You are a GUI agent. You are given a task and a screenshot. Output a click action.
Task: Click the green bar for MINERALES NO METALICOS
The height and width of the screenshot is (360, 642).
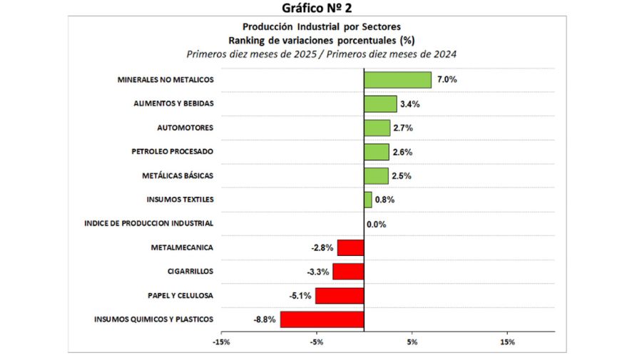pyautogui.click(x=397, y=80)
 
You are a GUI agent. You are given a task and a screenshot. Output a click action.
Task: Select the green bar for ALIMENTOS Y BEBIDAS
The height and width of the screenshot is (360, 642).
pyautogui.click(x=380, y=104)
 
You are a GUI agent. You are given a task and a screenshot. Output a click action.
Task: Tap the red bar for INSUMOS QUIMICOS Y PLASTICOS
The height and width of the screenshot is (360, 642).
pyautogui.click(x=322, y=319)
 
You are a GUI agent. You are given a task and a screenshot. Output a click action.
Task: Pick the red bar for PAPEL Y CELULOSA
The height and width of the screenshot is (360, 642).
pyautogui.click(x=340, y=296)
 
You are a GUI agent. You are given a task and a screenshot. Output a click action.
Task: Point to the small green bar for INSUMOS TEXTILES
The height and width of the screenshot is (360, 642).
pyautogui.click(x=368, y=200)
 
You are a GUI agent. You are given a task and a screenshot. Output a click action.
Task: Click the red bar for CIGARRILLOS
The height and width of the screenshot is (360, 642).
pyautogui.click(x=348, y=272)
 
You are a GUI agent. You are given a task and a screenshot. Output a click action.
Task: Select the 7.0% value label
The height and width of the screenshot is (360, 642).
pyautogui.click(x=447, y=80)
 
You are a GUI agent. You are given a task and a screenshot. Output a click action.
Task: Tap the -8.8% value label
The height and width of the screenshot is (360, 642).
pyautogui.click(x=265, y=319)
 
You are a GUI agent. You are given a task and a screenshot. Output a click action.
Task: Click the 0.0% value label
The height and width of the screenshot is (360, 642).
pyautogui.click(x=377, y=225)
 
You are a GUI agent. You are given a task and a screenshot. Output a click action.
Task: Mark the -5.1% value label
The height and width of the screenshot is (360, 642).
pyautogui.click(x=300, y=296)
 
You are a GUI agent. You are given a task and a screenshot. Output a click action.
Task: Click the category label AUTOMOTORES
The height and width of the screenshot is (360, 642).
pyautogui.click(x=185, y=128)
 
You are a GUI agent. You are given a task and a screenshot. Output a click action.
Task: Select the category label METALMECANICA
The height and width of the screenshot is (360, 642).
pyautogui.click(x=182, y=247)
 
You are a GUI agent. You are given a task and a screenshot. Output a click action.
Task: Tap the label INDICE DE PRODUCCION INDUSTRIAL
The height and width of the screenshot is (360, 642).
pyautogui.click(x=148, y=223)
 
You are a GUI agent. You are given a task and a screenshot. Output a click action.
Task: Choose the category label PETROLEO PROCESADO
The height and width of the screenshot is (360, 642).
pyautogui.click(x=172, y=152)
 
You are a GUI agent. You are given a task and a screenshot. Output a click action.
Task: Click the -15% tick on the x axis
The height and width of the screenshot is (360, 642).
pyautogui.click(x=221, y=342)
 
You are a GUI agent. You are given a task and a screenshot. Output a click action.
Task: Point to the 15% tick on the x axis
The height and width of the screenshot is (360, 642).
pyautogui.click(x=507, y=342)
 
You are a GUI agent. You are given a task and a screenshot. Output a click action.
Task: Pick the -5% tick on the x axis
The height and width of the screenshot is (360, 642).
pyautogui.click(x=317, y=342)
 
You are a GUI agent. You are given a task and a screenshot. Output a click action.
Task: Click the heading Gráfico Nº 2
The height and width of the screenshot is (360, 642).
pyautogui.click(x=317, y=8)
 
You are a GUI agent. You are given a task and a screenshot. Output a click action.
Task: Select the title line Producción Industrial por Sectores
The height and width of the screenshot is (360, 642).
pyautogui.click(x=320, y=27)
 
